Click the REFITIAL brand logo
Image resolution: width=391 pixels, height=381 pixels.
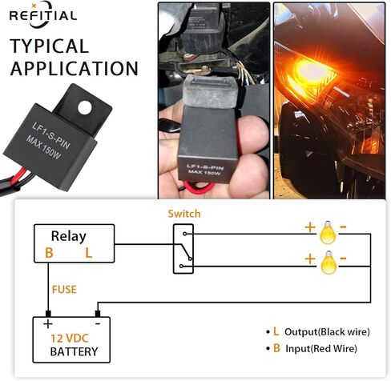(43, 14)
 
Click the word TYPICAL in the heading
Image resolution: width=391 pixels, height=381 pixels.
(50, 46)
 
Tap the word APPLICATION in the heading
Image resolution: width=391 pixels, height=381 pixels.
(75, 69)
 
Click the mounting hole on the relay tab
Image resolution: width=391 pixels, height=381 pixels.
(85, 107)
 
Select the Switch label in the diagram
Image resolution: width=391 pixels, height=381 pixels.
(184, 214)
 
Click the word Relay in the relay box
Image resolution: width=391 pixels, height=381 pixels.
(69, 236)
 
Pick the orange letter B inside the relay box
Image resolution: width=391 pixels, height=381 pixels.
(49, 253)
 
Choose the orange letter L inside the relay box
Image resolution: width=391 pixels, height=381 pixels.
(89, 253)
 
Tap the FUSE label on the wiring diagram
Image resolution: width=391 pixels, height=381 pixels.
(64, 290)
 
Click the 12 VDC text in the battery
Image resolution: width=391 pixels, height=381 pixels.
(70, 339)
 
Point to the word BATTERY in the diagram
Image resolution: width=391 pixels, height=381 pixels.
(74, 351)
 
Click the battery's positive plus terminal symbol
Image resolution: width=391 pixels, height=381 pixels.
(48, 324)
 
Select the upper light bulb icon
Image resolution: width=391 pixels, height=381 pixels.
(328, 232)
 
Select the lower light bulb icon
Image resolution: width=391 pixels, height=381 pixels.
(329, 263)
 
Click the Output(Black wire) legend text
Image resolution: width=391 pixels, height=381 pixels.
(327, 332)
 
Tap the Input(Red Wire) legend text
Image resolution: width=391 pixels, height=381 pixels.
(321, 348)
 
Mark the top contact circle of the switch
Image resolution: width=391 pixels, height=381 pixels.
(185, 234)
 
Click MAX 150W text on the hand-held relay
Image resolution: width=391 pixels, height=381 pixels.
(204, 172)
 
